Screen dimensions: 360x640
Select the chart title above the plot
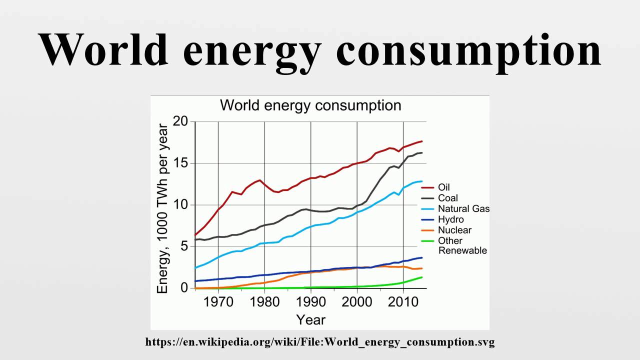pyautogui.click(x=310, y=105)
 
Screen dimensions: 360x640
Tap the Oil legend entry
pyautogui.click(x=444, y=187)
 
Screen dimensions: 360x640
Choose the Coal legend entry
pyautogui.click(x=447, y=198)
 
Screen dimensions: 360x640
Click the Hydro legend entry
pyautogui.click(x=450, y=219)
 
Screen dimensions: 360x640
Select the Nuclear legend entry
pyautogui.click(x=454, y=230)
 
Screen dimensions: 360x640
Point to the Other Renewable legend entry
pyautogui.click(x=462, y=245)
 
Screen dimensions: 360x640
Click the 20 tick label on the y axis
pyautogui.click(x=180, y=121)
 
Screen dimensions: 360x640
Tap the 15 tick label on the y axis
pyautogui.click(x=180, y=163)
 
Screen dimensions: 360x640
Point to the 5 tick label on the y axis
pyautogui.click(x=184, y=246)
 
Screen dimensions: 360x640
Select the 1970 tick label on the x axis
pyautogui.click(x=218, y=301)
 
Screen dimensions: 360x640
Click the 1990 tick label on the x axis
pyautogui.click(x=311, y=301)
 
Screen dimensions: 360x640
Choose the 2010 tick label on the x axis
pyautogui.click(x=403, y=301)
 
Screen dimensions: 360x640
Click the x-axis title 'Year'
pyautogui.click(x=310, y=319)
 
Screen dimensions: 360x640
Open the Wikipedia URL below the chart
pyautogui.click(x=320, y=342)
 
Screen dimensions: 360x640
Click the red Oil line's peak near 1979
pyautogui.click(x=260, y=180)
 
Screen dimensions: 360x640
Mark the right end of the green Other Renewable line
pyautogui.click(x=422, y=277)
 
